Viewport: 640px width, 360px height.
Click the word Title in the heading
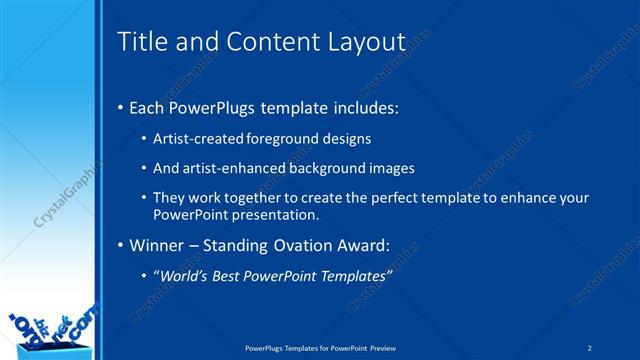[139, 42]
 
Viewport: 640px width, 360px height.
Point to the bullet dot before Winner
[121, 245]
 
